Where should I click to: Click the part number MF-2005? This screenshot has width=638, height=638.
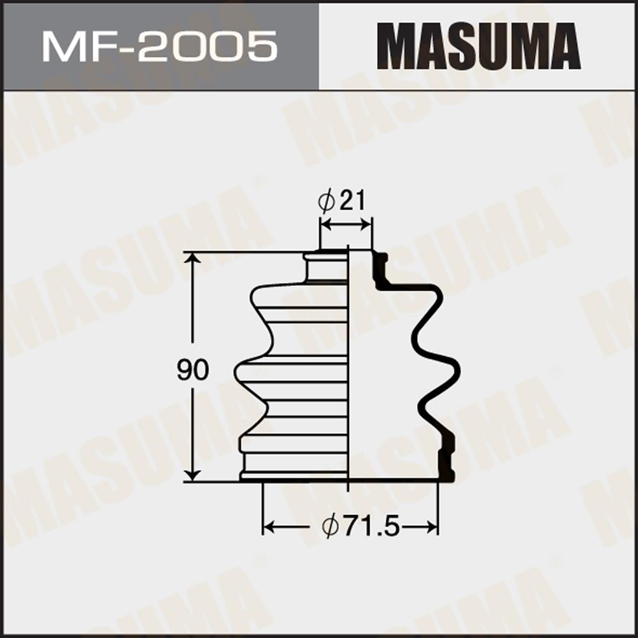pos(159,47)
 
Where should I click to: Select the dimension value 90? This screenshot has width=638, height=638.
pos(193,369)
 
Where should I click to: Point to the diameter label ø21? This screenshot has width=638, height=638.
pos(342,200)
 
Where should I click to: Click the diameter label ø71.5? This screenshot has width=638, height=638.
pos(361,528)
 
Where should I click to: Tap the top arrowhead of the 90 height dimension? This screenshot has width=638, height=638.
pos(193,260)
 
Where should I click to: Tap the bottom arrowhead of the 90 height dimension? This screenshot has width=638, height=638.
pos(193,474)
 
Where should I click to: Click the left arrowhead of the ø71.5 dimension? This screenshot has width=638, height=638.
pos(269,528)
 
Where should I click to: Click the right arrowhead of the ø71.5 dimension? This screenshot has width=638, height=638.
pos(431,528)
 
